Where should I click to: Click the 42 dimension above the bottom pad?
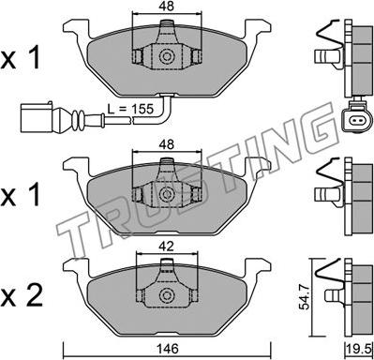click(166, 247)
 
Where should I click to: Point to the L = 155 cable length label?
click(130, 109)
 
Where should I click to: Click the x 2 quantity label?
click(22, 296)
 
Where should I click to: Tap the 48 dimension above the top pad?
click(166, 6)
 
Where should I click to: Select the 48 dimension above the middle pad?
click(166, 144)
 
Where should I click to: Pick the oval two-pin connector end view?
click(357, 119)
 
